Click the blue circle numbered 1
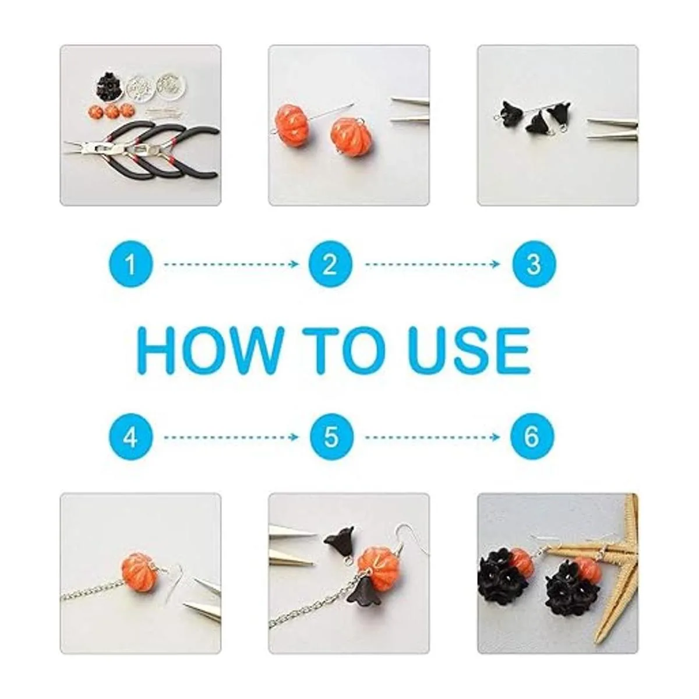point(130,264)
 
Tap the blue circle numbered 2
point(330,264)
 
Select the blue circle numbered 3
point(534,264)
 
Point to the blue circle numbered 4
point(130,437)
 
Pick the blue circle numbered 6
point(532,437)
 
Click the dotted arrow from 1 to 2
point(231,264)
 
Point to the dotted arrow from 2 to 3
point(432,264)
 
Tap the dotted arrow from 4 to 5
point(231,437)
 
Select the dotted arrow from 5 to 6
point(432,437)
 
